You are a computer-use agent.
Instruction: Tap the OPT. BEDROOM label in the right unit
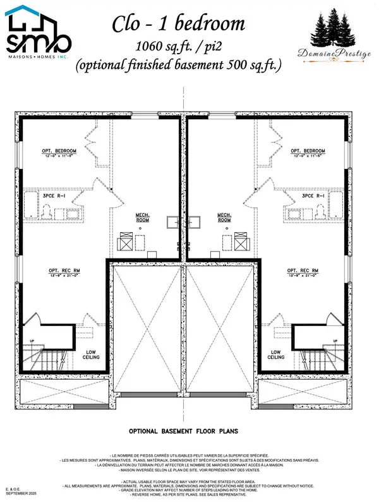click(x=308, y=151)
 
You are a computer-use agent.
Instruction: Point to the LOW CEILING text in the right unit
click(x=275, y=354)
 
